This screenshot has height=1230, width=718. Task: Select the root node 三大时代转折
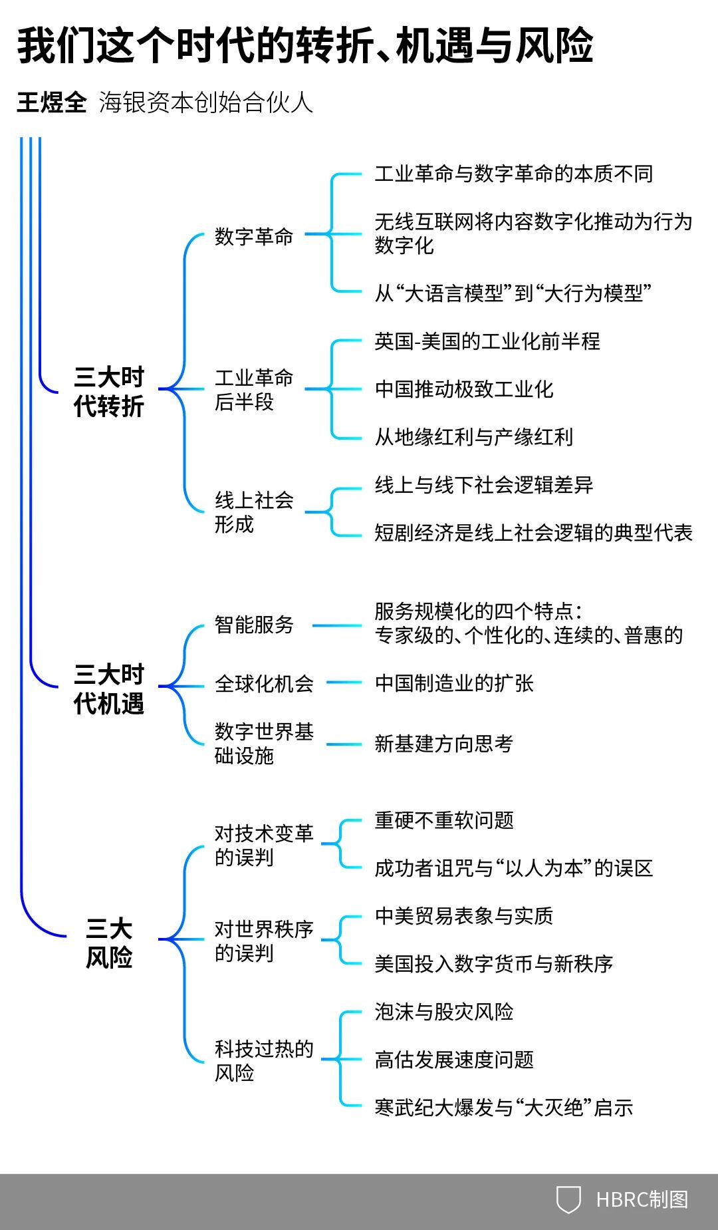click(109, 391)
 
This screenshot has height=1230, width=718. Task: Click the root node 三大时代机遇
click(109, 689)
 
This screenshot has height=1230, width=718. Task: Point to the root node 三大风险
click(109, 943)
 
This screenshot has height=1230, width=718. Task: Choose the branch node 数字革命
click(253, 236)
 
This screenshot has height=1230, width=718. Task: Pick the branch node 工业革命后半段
click(253, 390)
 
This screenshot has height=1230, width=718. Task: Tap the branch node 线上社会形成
click(253, 512)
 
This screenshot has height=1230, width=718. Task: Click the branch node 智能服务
click(253, 625)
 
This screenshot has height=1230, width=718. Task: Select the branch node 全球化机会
click(264, 683)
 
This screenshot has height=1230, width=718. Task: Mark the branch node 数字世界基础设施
click(264, 743)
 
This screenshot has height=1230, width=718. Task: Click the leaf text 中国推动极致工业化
click(464, 389)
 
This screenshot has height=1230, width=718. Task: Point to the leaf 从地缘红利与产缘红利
click(473, 437)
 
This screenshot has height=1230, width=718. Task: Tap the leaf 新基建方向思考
click(443, 744)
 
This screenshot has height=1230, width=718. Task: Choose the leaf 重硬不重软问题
click(444, 820)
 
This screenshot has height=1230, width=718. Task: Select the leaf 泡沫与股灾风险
click(444, 1012)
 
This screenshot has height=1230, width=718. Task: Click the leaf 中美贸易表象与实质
click(464, 916)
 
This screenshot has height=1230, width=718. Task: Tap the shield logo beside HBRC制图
click(568, 1199)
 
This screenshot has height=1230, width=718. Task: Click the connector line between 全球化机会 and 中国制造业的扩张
click(344, 683)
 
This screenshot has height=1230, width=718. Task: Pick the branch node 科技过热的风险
click(264, 1060)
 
